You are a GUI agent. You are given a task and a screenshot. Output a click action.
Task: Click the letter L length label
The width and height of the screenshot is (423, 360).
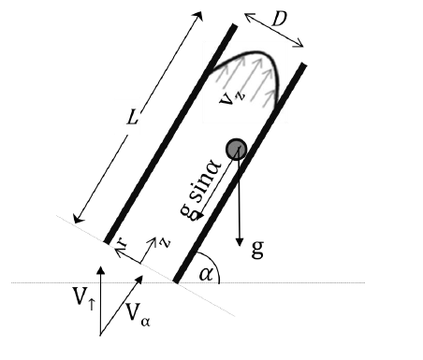132,118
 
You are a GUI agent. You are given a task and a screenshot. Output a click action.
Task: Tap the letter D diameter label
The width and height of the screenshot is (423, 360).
279,20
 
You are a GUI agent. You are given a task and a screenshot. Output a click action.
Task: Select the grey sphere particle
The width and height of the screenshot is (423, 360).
237,150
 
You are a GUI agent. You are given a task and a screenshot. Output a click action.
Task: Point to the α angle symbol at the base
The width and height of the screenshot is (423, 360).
207,274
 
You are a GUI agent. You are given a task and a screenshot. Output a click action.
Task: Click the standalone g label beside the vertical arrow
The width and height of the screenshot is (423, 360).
257,249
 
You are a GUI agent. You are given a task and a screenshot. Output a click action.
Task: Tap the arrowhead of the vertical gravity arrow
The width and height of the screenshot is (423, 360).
240,241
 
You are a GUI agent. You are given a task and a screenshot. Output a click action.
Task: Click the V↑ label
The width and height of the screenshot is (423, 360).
83,297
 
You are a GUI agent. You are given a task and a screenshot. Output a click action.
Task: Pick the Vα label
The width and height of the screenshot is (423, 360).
138,314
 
